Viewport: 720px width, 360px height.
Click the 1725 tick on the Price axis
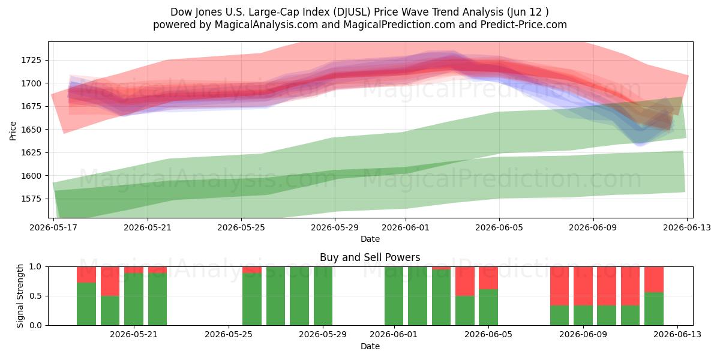(31, 60)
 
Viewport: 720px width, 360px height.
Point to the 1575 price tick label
(31, 199)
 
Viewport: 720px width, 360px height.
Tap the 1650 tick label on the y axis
(31, 130)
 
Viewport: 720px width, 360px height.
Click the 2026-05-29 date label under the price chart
(335, 227)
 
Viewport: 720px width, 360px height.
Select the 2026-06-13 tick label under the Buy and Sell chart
(677, 334)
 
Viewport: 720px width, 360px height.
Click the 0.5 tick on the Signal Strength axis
(35, 296)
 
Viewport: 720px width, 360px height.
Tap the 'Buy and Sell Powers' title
(370, 257)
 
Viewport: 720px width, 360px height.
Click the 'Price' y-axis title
(13, 131)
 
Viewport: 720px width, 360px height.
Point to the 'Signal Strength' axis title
(20, 296)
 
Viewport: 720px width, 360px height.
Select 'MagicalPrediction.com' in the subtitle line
(399, 25)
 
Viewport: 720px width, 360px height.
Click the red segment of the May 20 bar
(110, 281)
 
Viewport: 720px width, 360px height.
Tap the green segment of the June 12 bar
(654, 308)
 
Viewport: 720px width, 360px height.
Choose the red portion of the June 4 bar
(465, 281)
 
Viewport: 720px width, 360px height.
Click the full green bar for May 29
(323, 296)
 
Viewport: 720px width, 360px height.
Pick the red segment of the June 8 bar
(559, 286)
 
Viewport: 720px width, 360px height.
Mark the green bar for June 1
(394, 296)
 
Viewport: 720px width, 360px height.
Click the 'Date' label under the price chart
(370, 239)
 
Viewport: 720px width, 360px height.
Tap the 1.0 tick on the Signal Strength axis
(35, 266)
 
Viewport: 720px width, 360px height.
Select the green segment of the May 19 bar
(86, 304)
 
